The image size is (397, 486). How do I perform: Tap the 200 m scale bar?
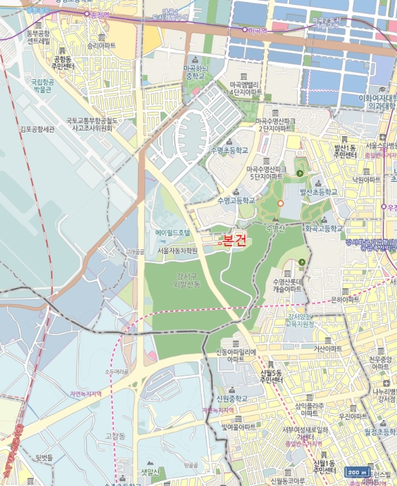point(358,471)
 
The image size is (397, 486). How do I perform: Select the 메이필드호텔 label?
point(172,233)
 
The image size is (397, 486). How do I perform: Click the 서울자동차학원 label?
point(177,250)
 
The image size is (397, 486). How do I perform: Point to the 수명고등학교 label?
point(236,200)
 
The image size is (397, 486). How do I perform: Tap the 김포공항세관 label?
point(36,128)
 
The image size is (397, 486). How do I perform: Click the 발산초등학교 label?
point(318,192)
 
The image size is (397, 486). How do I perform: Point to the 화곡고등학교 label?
point(324,227)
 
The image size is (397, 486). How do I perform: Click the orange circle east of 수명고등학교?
point(281,202)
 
